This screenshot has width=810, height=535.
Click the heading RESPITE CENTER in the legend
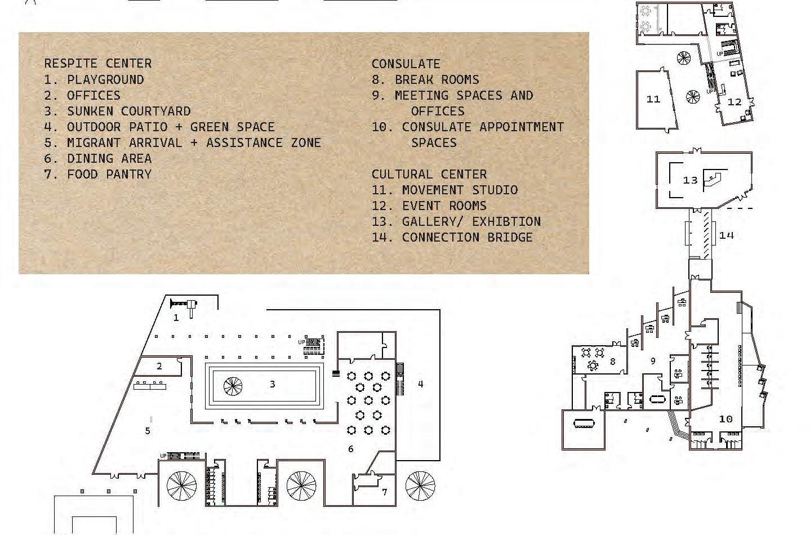click(98, 63)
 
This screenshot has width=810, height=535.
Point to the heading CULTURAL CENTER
click(429, 174)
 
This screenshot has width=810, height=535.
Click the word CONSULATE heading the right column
click(406, 64)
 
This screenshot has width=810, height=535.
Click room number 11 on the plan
click(653, 99)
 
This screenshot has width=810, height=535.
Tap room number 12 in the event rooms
click(735, 102)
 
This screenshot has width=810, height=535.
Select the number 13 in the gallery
click(690, 180)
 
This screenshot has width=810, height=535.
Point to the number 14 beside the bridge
click(727, 235)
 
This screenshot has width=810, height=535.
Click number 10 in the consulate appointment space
click(726, 419)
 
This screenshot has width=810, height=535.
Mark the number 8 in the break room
click(613, 362)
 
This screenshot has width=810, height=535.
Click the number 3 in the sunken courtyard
click(273, 384)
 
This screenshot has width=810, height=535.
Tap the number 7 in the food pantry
click(384, 492)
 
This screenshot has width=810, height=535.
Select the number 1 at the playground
click(176, 318)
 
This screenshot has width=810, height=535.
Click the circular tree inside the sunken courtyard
click(233, 386)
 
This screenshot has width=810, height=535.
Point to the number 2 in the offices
click(159, 366)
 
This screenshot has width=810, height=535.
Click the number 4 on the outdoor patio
click(420, 384)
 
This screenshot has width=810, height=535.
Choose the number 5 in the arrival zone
click(148, 431)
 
